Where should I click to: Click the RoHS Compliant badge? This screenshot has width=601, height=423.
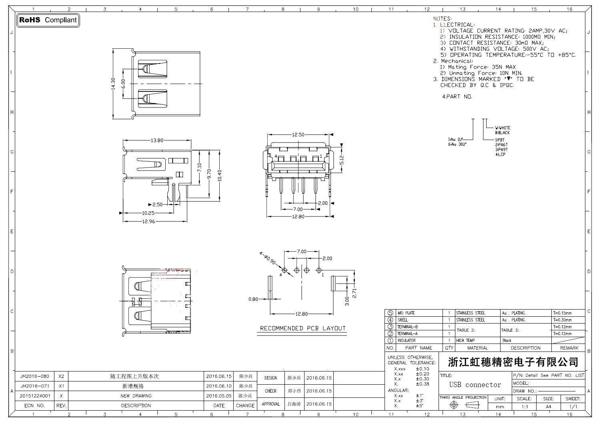[48, 20]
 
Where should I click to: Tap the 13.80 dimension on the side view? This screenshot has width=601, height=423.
[157, 140]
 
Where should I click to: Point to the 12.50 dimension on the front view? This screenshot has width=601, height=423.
[298, 135]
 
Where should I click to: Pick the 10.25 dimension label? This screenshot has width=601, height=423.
[148, 213]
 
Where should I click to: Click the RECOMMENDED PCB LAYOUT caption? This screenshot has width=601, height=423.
[303, 328]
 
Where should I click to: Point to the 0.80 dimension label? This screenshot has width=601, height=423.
[253, 299]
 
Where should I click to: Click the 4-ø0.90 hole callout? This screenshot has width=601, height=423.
[268, 258]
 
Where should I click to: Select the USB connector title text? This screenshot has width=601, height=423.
[475, 385]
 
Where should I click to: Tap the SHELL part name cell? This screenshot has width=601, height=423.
[403, 320]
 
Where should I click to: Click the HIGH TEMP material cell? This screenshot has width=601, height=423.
[465, 341]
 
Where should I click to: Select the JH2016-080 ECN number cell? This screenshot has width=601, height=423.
[35, 376]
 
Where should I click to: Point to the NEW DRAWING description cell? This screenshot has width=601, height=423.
[136, 396]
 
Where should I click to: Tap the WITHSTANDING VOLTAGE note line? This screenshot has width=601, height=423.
[495, 49]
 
